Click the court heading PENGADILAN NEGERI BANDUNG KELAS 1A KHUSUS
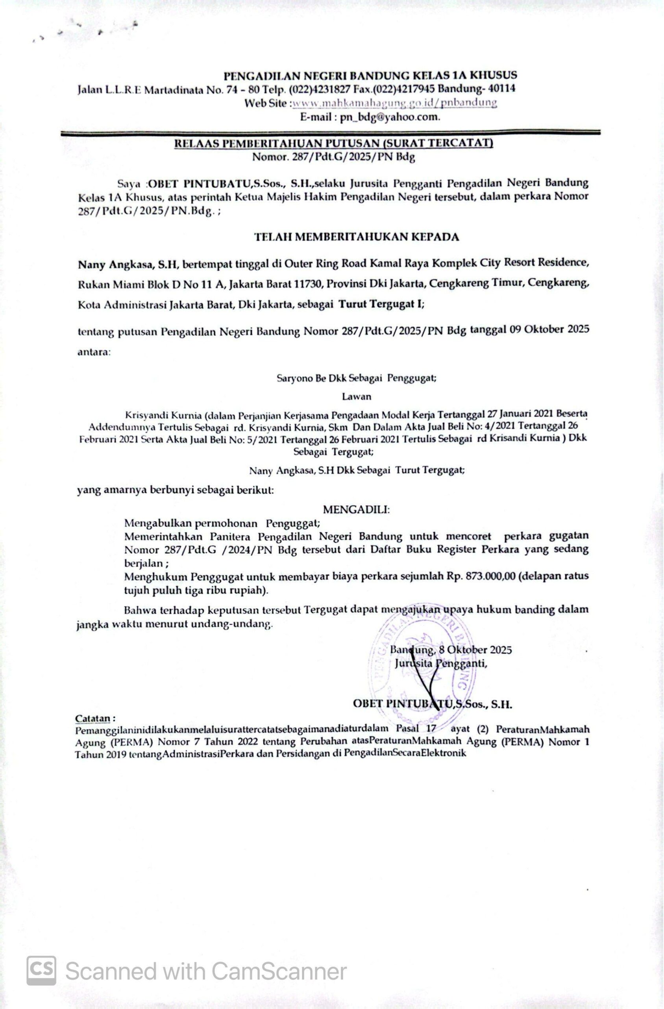370,75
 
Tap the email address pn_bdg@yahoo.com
390,117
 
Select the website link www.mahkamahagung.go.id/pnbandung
394,103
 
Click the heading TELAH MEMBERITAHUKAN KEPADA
356,237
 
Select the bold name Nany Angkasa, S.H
129,265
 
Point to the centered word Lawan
357,397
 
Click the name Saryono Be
301,378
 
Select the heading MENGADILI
356,509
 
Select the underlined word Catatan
92,719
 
